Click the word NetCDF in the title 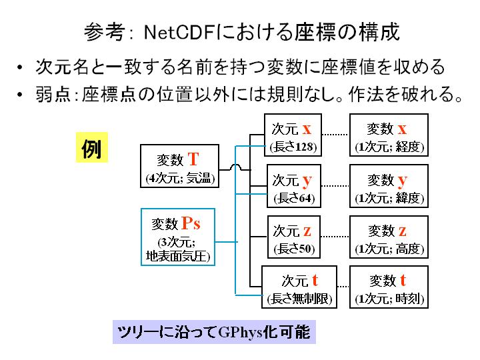pos(180,32)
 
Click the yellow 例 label pos(92,147)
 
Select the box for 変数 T pos(180,166)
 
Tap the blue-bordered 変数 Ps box pos(178,237)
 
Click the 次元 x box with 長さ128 pos(293,135)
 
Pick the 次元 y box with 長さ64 pos(294,186)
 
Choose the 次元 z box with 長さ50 pos(294,237)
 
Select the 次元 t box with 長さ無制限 pos(299,287)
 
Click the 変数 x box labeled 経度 pos(389,135)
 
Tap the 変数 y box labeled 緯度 pos(389,186)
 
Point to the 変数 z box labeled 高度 pos(389,237)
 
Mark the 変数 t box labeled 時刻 pos(389,287)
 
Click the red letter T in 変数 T pos(193,159)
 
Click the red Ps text pos(191,223)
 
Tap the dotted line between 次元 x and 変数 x pos(335,135)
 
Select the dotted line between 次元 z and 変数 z pos(335,236)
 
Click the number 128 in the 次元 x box pos(304,147)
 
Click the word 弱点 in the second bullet pos(53,94)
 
